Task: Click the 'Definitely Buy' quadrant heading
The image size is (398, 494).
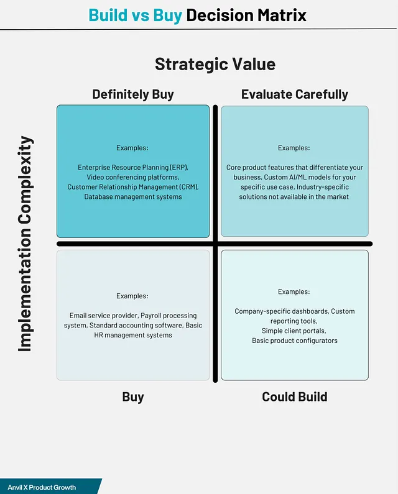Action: [133, 94]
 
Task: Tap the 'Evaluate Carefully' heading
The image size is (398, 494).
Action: [294, 94]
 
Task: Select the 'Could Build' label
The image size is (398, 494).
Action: [294, 396]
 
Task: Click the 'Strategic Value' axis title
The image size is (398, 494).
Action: [215, 64]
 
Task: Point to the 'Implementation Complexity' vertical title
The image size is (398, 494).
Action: [25, 244]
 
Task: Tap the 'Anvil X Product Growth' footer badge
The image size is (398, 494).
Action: [42, 487]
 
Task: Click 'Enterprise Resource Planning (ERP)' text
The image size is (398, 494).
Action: [132, 168]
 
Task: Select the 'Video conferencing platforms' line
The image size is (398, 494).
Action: [133, 177]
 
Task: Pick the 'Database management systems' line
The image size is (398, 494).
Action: [133, 196]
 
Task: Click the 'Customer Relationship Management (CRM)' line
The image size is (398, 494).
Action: [133, 187]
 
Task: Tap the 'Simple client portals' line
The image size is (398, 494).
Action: [294, 331]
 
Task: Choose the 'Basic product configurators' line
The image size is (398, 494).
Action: [294, 341]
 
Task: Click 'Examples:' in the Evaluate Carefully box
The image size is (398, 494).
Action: [294, 148]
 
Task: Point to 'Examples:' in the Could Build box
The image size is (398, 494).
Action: [294, 291]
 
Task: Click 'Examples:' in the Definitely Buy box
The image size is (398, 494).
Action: [132, 148]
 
